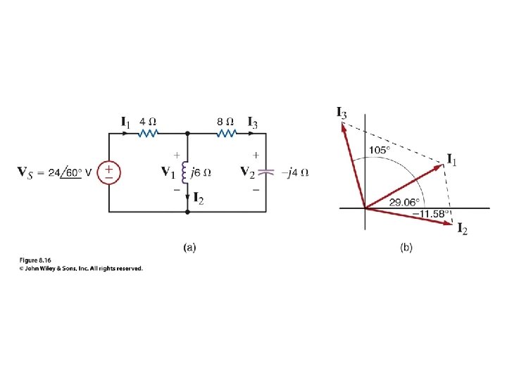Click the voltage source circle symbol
point(108,172)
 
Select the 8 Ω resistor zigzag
point(226,132)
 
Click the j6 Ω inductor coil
point(187,172)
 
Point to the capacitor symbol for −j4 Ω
point(265,172)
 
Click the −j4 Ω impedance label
point(296,172)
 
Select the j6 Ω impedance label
point(201,172)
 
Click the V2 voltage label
point(246,172)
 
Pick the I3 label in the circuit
point(251,122)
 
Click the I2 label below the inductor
point(200,201)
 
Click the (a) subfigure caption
point(189,247)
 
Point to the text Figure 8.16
point(36,260)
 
